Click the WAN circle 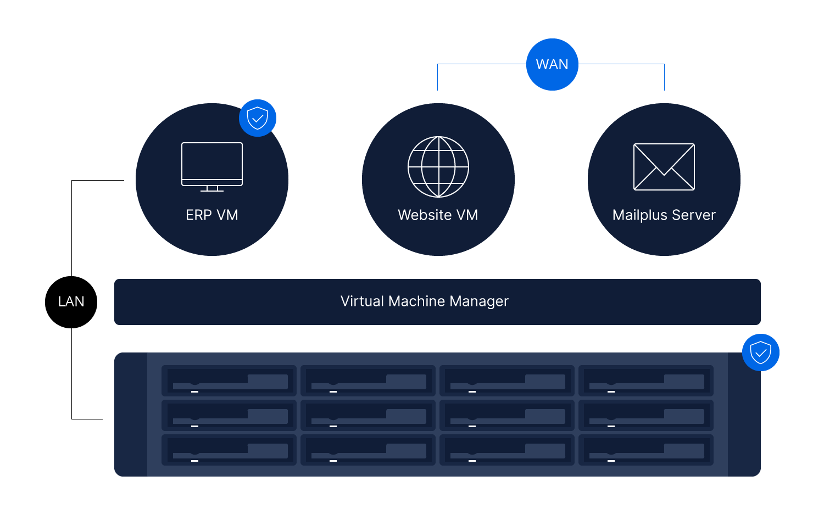point(552,64)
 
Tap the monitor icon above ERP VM point(212,164)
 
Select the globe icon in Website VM point(438,167)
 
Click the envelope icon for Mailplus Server point(664,167)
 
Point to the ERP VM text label point(212,215)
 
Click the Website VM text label point(438,215)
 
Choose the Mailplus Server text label point(664,215)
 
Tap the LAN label point(71,301)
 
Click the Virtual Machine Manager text point(425,301)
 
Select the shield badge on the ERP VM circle point(258,118)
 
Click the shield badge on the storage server point(760,352)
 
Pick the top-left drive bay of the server point(229,380)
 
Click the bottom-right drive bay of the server point(645,450)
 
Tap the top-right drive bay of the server point(645,380)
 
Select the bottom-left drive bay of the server point(229,450)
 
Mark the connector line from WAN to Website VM point(472,64)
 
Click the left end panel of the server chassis point(131,415)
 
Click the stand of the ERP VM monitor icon point(212,188)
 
